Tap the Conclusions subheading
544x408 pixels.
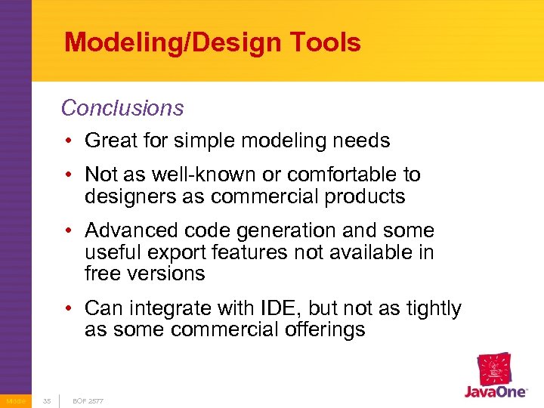(122, 108)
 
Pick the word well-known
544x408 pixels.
(196, 175)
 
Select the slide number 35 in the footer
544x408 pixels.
(47, 400)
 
